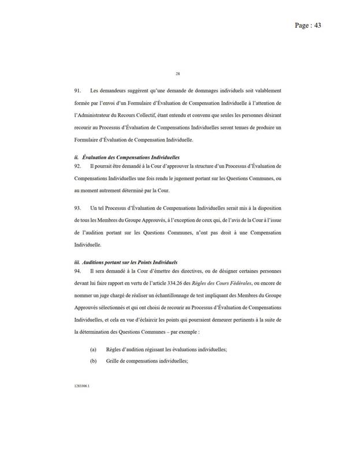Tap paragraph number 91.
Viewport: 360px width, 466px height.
[77, 91]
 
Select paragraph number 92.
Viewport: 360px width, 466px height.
[77, 166]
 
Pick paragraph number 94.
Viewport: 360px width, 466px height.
[77, 270]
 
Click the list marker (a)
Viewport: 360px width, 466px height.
[93, 349]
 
